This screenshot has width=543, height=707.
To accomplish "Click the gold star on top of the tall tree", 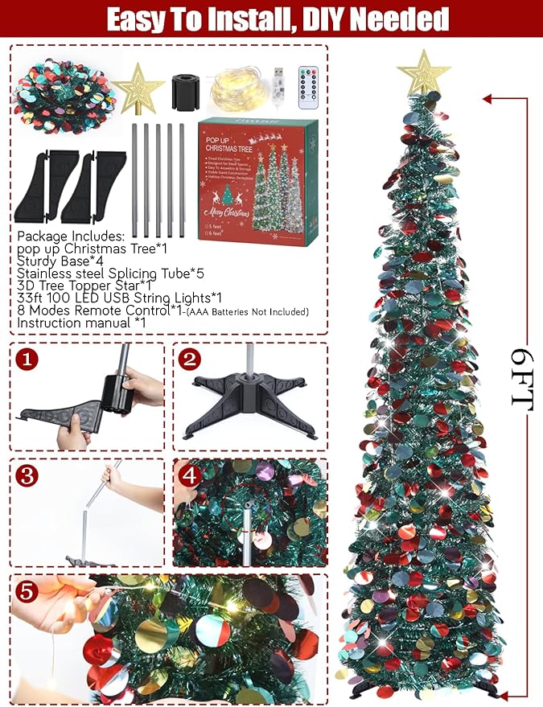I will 418,74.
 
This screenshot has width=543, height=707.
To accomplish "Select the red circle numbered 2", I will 188,359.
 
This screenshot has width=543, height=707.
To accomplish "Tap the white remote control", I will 310,86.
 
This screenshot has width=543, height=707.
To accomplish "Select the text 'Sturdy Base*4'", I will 61,261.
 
